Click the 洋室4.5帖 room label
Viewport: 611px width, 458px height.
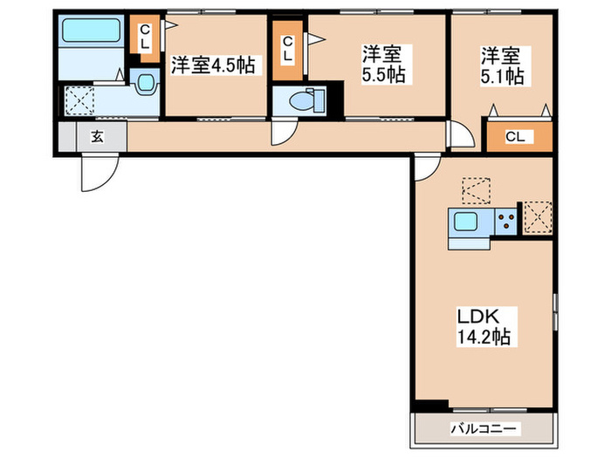tap(213, 65)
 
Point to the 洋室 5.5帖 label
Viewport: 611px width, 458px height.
tap(383, 65)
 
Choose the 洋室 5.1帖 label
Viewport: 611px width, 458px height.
tap(501, 65)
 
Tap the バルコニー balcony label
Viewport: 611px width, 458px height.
tap(484, 428)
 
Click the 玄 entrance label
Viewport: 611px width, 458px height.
tap(95, 136)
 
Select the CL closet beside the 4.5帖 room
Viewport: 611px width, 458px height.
tap(144, 38)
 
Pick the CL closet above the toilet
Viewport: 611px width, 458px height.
tap(286, 46)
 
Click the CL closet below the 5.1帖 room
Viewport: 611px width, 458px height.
tap(518, 137)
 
